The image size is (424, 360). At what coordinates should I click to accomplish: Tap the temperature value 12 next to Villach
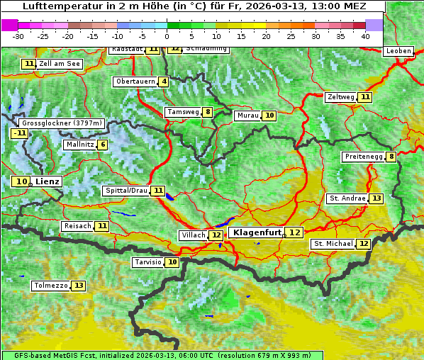[x=216, y=235]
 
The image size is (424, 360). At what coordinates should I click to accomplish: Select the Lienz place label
[x=48, y=181]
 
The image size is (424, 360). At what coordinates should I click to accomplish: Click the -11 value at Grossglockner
[x=19, y=133]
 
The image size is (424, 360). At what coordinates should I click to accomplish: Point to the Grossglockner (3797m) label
[x=62, y=123]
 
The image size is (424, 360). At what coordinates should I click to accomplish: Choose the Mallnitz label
[x=79, y=145]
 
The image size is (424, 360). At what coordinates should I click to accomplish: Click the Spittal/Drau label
[x=126, y=191]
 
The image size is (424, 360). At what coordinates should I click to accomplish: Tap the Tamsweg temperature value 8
[x=207, y=112]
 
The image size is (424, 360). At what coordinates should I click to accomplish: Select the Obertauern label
[x=135, y=81]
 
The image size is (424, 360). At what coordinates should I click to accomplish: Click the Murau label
[x=247, y=116]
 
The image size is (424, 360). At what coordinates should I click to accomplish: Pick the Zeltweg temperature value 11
[x=365, y=97]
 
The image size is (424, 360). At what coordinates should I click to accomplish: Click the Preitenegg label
[x=363, y=157]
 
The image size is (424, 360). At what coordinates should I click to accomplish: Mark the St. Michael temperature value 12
[x=364, y=244]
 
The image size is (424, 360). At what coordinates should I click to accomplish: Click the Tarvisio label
[x=148, y=262]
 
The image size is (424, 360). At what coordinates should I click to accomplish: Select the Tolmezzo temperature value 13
[x=79, y=286]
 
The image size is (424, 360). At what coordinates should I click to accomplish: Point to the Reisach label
[x=77, y=226]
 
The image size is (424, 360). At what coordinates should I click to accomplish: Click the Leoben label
[x=398, y=51]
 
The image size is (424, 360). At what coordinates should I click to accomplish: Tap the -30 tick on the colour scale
[x=18, y=36]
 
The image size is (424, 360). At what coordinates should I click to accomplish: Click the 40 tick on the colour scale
[x=365, y=36]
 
